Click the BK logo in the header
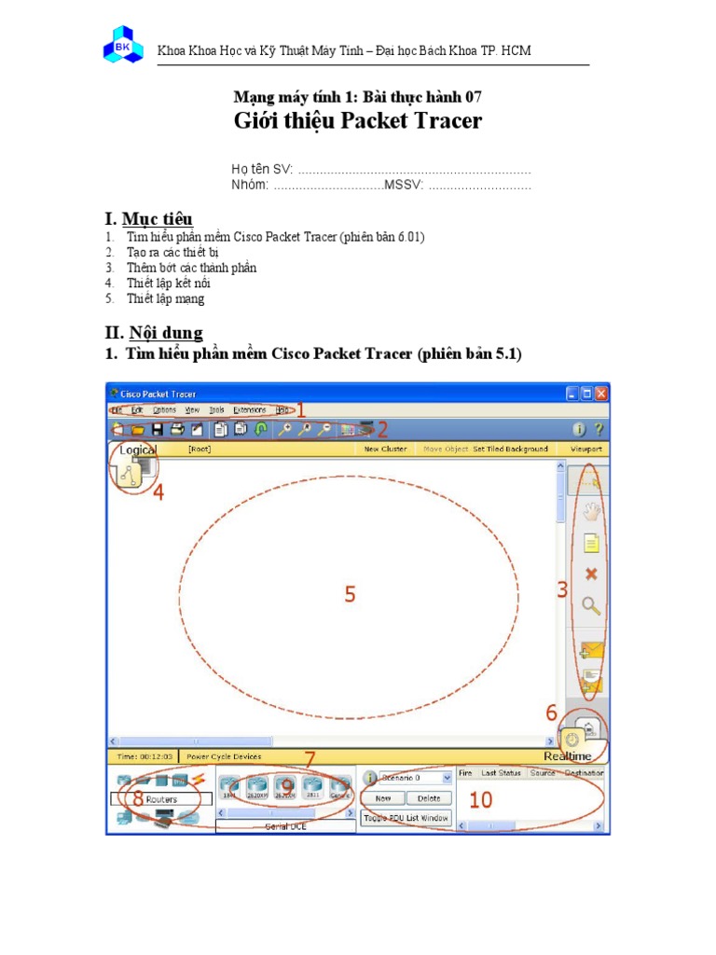click(x=123, y=45)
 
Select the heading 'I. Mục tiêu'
click(x=148, y=219)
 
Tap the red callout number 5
click(x=350, y=594)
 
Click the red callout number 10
click(x=480, y=799)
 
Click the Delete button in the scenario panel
click(x=429, y=798)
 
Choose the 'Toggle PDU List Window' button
click(x=406, y=818)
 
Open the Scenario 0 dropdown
click(x=417, y=776)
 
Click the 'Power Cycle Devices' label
click(x=224, y=756)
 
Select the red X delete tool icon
click(x=590, y=574)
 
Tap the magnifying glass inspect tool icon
click(x=591, y=606)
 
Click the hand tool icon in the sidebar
click(x=590, y=511)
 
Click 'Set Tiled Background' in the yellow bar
click(x=510, y=449)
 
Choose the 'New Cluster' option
click(x=385, y=449)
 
